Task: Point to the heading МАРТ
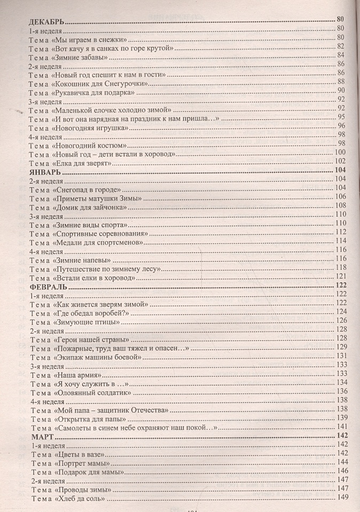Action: coord(41,436)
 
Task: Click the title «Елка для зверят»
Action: coord(82,163)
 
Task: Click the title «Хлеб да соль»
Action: coord(80,499)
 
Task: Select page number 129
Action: coord(342,347)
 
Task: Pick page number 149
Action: coord(343,498)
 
